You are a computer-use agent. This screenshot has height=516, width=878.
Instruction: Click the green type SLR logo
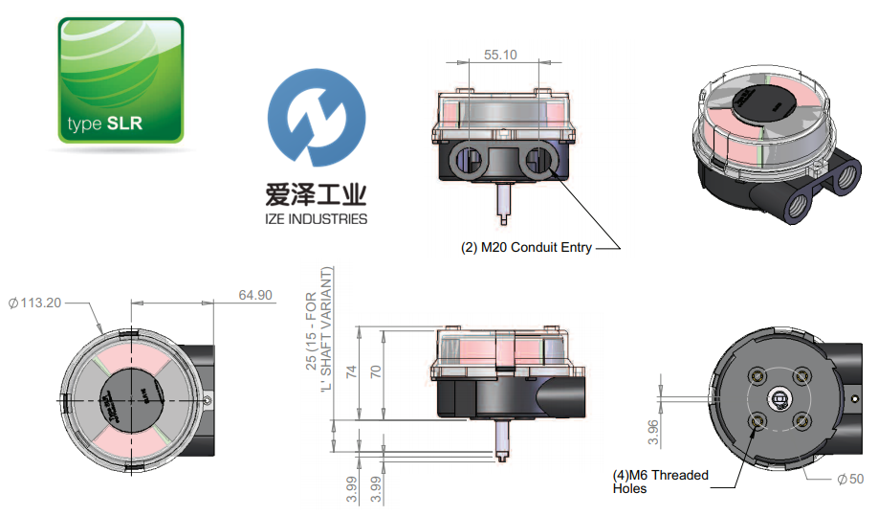point(120,80)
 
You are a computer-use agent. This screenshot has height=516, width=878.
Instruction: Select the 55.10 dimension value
point(500,56)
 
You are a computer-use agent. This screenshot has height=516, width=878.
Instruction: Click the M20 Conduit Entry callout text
point(526,248)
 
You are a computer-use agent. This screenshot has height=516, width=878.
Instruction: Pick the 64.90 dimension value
point(255,294)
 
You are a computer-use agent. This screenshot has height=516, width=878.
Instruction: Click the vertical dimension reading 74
point(351,373)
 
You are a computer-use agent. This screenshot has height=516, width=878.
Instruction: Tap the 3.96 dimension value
point(653,431)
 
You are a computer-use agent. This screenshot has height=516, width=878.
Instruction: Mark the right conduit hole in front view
point(541,159)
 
